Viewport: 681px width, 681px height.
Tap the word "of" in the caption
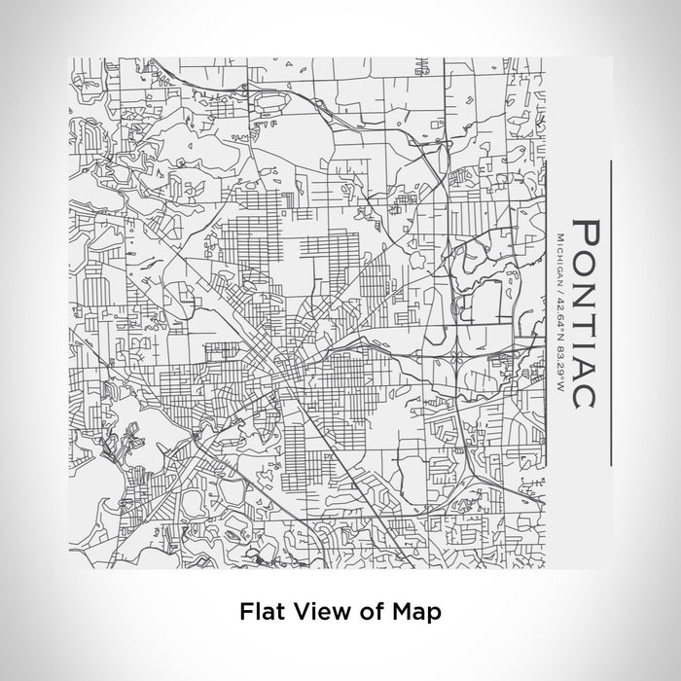click(358, 612)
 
